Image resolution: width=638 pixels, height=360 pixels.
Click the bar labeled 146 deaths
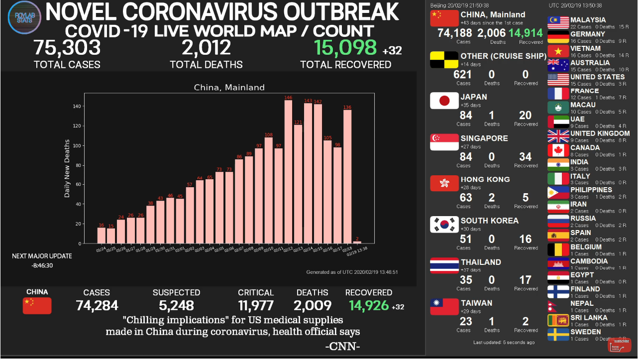pos(288,172)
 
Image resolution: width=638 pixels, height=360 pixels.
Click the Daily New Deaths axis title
pos(67,168)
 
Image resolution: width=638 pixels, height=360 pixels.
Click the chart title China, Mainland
pos(229,88)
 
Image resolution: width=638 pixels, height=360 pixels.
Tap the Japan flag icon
pos(444,101)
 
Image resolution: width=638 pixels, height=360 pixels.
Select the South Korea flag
pos(444,225)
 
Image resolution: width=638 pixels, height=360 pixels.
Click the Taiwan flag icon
pos(444,307)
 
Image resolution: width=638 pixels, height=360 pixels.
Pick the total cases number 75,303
pos(67,48)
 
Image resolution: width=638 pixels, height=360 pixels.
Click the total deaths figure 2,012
pos(206,48)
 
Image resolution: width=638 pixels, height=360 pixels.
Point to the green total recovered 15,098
pos(345,48)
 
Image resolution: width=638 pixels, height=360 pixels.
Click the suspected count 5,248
pos(176,305)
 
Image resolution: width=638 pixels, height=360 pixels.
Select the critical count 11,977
pos(256,305)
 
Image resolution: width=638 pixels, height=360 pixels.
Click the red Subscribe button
pos(619,345)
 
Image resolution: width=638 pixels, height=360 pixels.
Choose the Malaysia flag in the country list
pos(558,23)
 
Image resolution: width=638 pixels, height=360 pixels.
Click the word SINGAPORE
pos(484,138)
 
